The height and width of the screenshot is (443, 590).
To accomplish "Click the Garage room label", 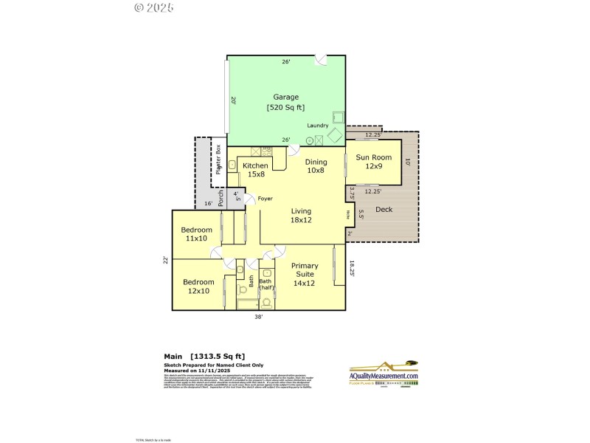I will pyautogui.click(x=286, y=97).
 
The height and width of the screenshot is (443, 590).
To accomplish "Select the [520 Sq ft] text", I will pyautogui.click(x=286, y=107).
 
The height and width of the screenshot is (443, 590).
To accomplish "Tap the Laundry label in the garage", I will pyautogui.click(x=318, y=125).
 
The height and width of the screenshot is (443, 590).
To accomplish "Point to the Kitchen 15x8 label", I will pyautogui.click(x=256, y=170).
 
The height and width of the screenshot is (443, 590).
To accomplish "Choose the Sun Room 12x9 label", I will pyautogui.click(x=374, y=162).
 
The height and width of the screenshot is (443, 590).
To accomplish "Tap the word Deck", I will pyautogui.click(x=384, y=209).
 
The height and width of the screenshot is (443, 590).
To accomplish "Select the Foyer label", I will pyautogui.click(x=265, y=199).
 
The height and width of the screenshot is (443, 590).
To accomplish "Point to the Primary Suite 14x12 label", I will pyautogui.click(x=305, y=274).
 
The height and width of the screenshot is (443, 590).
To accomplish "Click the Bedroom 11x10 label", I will pyautogui.click(x=197, y=234).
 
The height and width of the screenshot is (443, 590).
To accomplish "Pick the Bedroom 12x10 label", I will pyautogui.click(x=198, y=286).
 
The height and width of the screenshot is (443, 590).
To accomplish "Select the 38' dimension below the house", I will pyautogui.click(x=260, y=317).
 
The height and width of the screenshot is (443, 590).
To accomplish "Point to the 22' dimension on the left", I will pyautogui.click(x=167, y=259).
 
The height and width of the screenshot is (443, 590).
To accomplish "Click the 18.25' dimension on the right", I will pyautogui.click(x=353, y=269).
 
